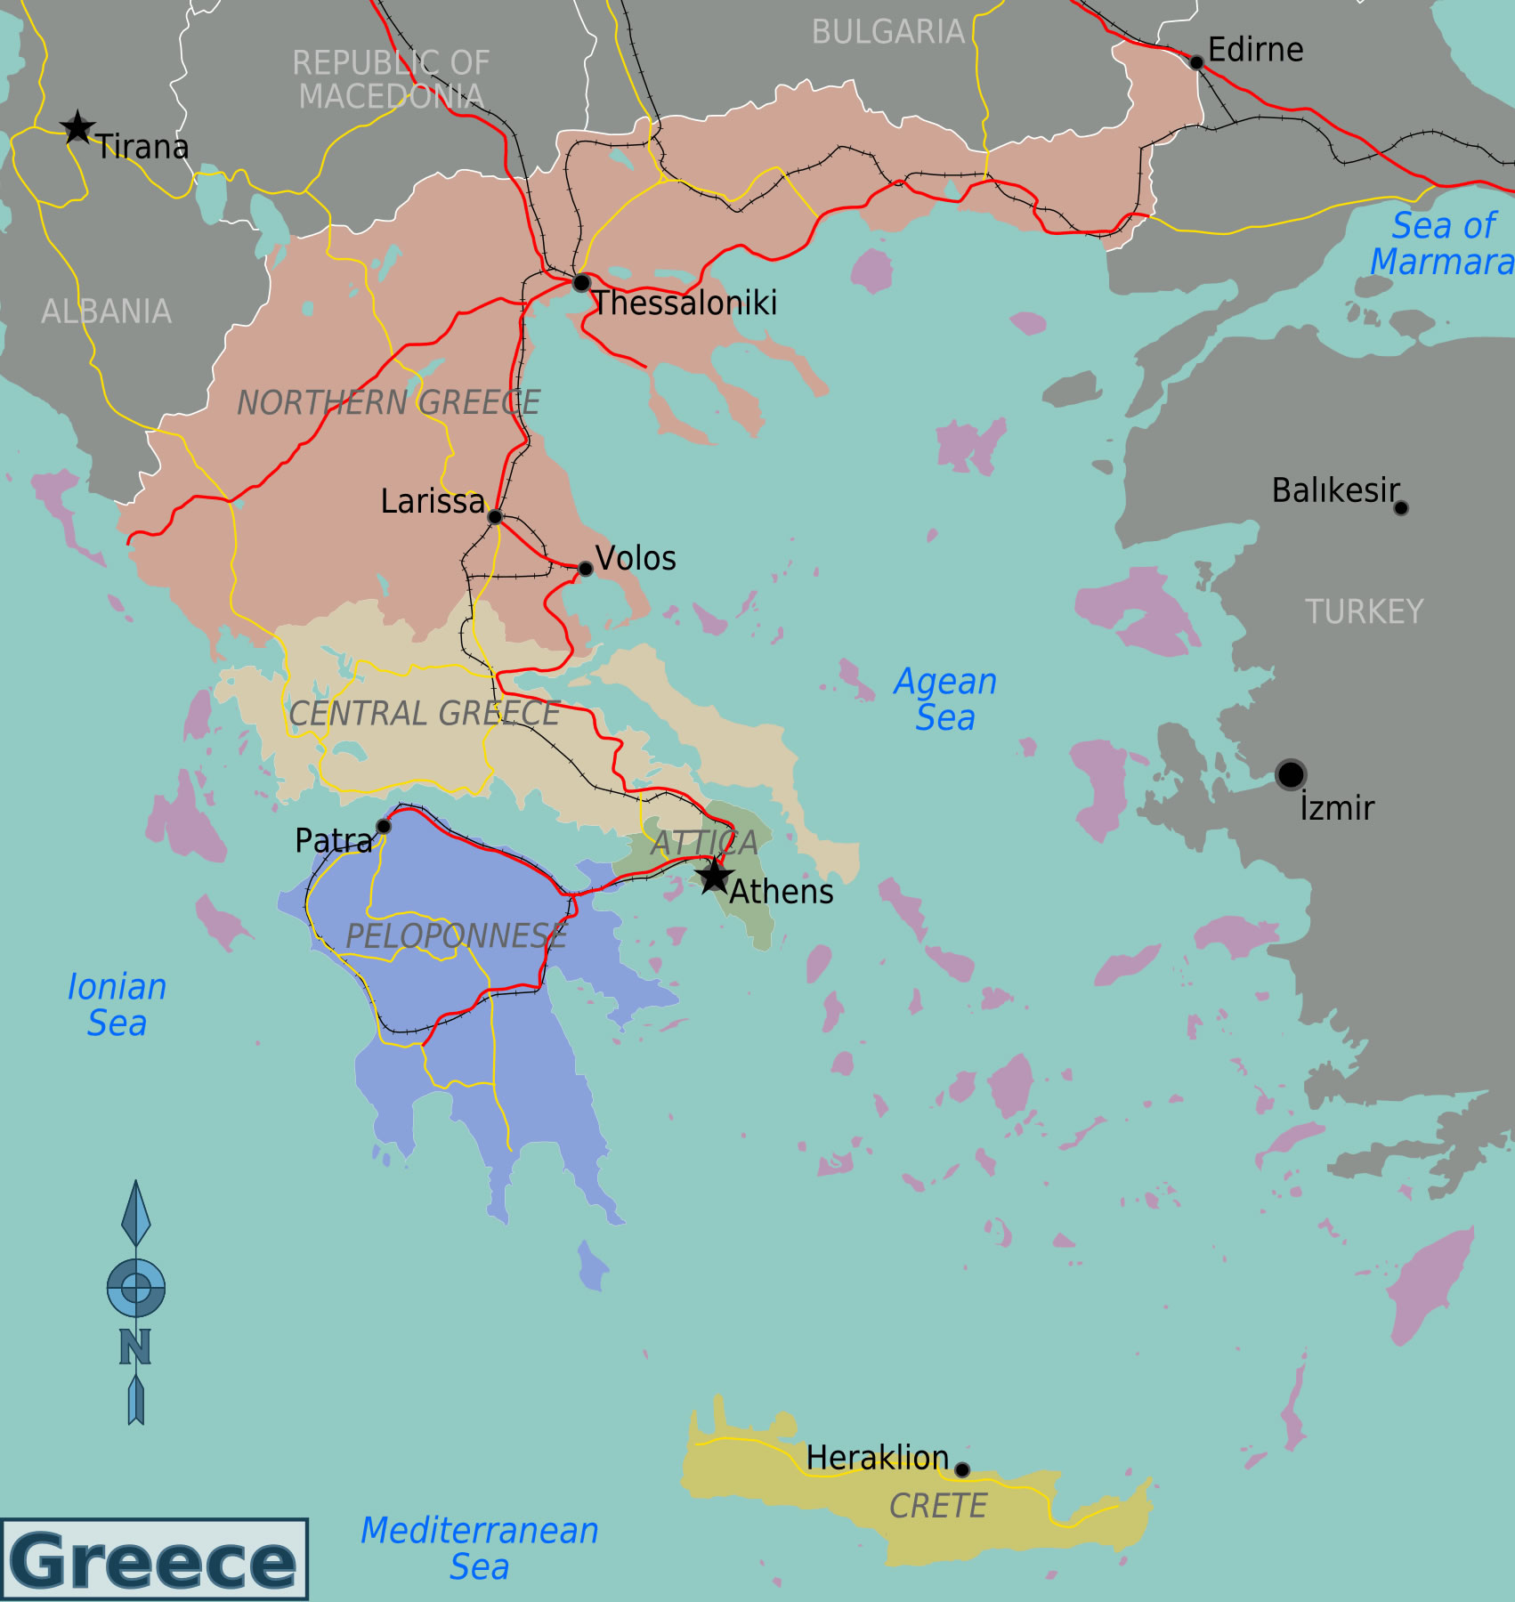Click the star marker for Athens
pyautogui.click(x=714, y=876)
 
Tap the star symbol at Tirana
pyautogui.click(x=77, y=127)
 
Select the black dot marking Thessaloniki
pyautogui.click(x=581, y=283)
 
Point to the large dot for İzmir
pyautogui.click(x=1290, y=774)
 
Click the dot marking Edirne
pyautogui.click(x=1196, y=62)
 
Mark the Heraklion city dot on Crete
pyautogui.click(x=962, y=1469)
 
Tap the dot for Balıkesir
pyautogui.click(x=1401, y=508)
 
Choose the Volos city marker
pyautogui.click(x=585, y=569)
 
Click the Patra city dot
pyautogui.click(x=384, y=826)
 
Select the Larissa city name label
pyautogui.click(x=433, y=502)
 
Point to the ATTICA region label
pyautogui.click(x=704, y=842)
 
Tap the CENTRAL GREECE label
pyautogui.click(x=424, y=714)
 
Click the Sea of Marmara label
pyautogui.click(x=1442, y=244)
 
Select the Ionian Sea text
pyautogui.click(x=117, y=1005)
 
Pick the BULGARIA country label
pyautogui.click(x=887, y=33)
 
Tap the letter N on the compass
pyautogui.click(x=135, y=1347)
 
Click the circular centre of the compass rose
pyautogui.click(x=136, y=1287)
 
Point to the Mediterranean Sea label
pyautogui.click(x=479, y=1549)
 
